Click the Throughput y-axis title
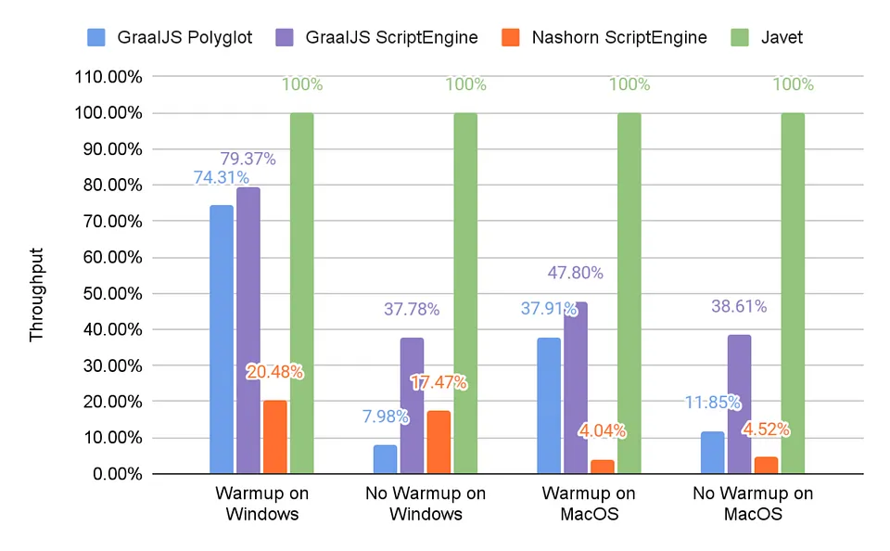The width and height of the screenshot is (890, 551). coord(37,294)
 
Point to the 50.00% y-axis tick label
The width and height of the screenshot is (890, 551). coord(109,294)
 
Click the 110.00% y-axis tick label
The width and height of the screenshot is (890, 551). coord(108,77)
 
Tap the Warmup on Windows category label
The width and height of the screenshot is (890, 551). coord(261,503)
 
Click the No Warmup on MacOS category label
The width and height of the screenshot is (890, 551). coord(752,503)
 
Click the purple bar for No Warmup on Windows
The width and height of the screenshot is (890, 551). coord(412,405)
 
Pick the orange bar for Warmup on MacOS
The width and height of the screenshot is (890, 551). coord(603,467)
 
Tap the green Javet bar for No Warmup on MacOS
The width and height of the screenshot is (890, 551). coord(793,293)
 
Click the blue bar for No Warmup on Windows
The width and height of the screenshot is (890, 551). coord(385,459)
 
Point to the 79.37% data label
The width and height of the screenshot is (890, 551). coord(248,159)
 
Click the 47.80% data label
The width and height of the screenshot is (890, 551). coord(575,273)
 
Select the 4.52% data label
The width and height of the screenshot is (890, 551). coord(766,429)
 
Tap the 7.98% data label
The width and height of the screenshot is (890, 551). coord(385,416)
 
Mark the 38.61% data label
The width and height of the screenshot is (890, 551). coord(739,306)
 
